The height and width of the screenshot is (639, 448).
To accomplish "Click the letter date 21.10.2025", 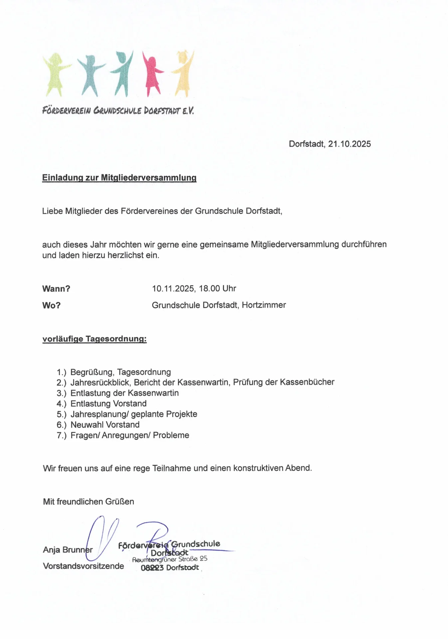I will [349, 144].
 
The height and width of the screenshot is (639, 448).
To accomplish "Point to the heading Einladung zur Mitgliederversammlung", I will [119, 178].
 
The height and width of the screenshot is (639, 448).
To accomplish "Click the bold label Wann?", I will [56, 289].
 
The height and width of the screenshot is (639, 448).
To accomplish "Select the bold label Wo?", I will [51, 305].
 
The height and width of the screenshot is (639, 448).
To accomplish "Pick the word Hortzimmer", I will [264, 305].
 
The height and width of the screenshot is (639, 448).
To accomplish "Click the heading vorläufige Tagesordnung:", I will [95, 339].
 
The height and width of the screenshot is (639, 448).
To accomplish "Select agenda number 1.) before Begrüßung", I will [61, 372].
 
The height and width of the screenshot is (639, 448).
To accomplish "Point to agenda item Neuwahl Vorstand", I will [105, 425].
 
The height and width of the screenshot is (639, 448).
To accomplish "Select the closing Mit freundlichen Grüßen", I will [89, 502].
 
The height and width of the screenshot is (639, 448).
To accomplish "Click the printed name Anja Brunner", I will [68, 550].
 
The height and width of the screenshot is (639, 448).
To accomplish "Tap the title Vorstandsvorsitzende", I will [83, 566].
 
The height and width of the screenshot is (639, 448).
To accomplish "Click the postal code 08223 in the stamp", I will [152, 568].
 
